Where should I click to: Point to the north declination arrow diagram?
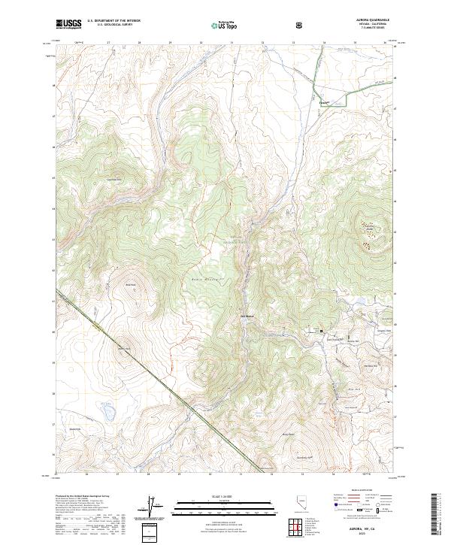coord(154,507)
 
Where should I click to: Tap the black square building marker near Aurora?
coord(322,331)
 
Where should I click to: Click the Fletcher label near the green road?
coord(325,98)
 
